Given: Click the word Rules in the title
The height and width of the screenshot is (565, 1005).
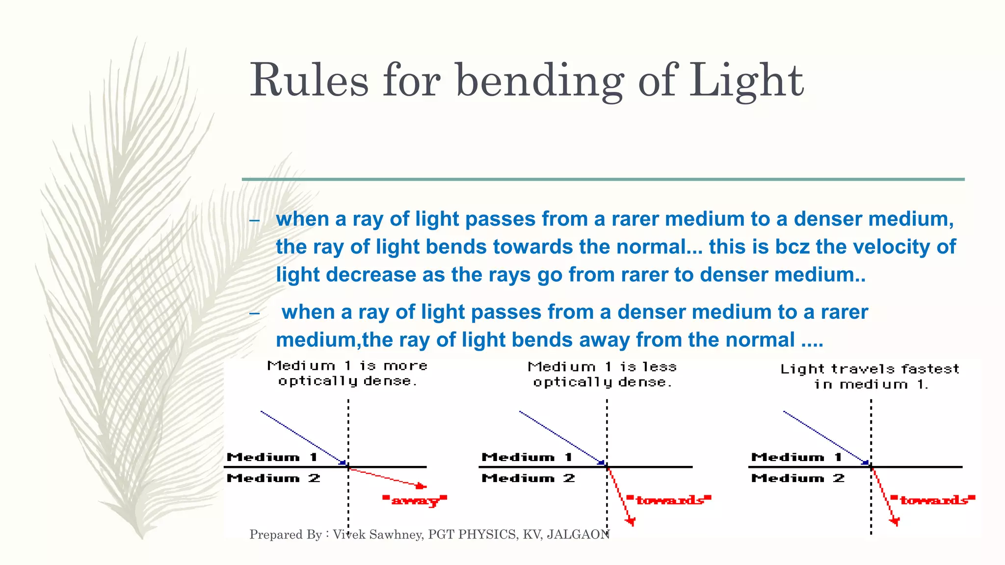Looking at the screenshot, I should (309, 81).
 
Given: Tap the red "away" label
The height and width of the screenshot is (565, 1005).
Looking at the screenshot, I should (415, 501).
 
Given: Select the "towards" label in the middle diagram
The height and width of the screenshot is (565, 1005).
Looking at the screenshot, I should (669, 500).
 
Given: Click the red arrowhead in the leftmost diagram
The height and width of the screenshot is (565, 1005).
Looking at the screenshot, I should (421, 486).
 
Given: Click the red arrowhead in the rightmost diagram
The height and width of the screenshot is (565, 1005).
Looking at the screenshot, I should (895, 521).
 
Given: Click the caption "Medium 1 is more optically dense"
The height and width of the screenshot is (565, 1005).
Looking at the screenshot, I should (347, 373).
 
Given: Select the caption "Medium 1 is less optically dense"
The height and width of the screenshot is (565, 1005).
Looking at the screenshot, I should (603, 374).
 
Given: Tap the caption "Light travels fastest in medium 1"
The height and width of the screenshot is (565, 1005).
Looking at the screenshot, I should (870, 376).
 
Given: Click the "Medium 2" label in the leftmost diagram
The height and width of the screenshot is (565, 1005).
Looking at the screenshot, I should (273, 478).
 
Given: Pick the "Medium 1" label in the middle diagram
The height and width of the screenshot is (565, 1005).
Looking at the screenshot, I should (527, 457).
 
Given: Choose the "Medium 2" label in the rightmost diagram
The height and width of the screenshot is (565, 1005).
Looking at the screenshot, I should (797, 478).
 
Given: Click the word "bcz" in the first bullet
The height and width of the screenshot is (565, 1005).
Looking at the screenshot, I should (792, 247).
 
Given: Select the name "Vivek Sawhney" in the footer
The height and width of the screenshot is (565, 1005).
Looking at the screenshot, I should (377, 534).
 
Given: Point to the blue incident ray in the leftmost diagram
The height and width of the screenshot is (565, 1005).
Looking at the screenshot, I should (302, 437).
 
